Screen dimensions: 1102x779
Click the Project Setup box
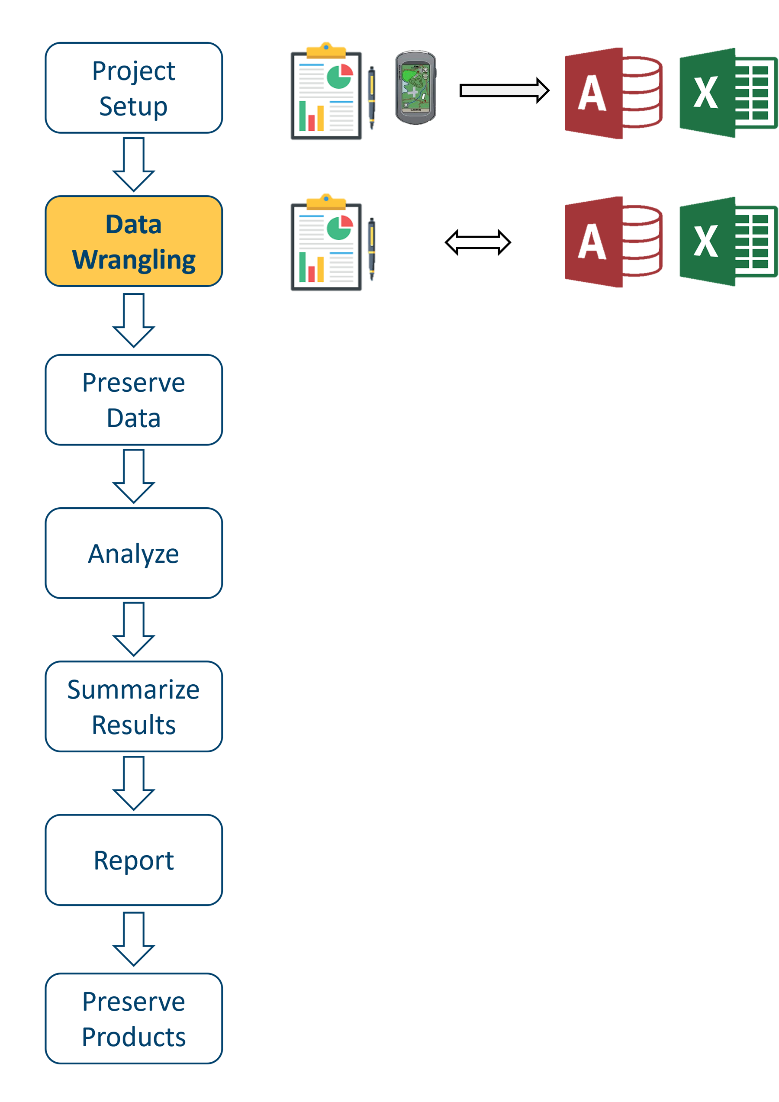tap(134, 88)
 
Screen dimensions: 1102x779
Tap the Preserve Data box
tap(134, 400)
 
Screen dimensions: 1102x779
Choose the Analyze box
tap(134, 553)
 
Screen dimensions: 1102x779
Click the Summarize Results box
tap(134, 706)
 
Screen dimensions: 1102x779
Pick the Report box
tap(134, 860)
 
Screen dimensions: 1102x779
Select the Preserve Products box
tap(134, 1018)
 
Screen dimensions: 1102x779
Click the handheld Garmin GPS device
tap(415, 88)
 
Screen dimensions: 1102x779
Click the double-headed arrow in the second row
tap(478, 242)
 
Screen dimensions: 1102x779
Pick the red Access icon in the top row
tap(613, 93)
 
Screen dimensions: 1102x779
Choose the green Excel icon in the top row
tap(728, 93)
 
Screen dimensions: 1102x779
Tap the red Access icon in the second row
tap(613, 242)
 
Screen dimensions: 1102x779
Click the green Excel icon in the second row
tap(728, 242)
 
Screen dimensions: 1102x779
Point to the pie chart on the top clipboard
tap(340, 76)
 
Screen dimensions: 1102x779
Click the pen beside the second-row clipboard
tap(371, 248)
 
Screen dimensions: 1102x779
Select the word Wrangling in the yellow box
tap(134, 260)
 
